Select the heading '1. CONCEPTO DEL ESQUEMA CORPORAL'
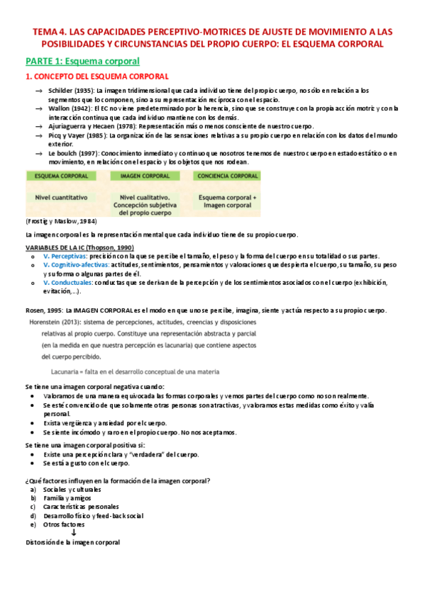96,76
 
